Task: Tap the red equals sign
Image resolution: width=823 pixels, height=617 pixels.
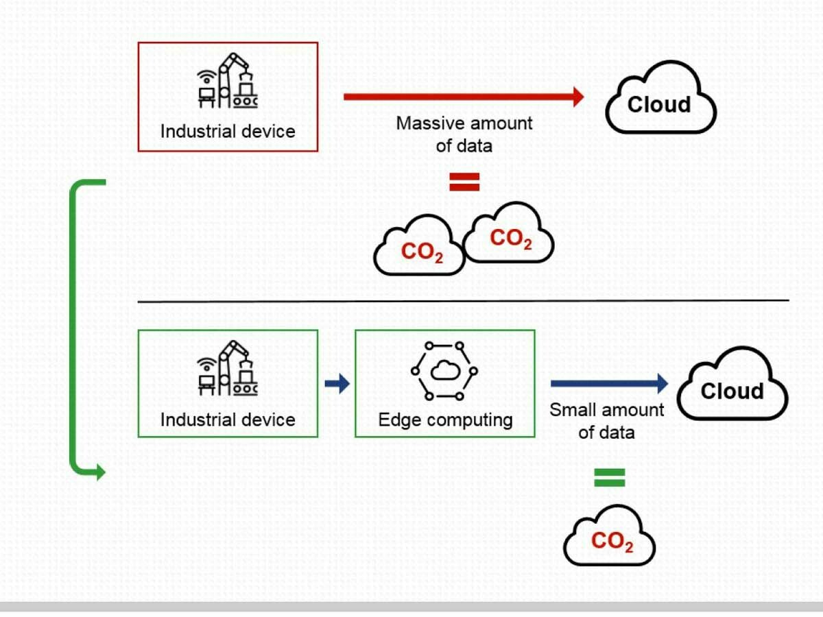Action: tap(464, 182)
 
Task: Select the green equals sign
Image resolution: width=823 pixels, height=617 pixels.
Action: tap(610, 478)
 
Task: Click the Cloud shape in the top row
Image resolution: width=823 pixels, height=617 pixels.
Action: tap(660, 99)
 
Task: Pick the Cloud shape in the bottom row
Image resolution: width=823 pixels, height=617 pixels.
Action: tap(732, 386)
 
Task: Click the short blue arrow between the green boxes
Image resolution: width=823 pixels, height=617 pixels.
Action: tap(337, 384)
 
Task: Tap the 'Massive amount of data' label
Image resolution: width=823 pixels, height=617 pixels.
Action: tap(464, 134)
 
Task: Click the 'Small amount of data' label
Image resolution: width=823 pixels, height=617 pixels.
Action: tap(607, 421)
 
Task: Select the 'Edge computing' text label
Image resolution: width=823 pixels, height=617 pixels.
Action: tap(445, 420)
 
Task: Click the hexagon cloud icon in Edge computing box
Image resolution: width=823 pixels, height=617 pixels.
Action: tap(444, 371)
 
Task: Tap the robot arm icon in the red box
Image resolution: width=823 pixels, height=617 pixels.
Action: tap(228, 81)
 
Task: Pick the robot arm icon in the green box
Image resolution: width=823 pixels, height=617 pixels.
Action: tap(228, 368)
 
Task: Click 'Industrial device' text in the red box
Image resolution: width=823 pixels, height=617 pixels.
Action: tap(228, 131)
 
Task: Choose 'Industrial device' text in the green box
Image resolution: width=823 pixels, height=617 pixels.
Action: tap(228, 420)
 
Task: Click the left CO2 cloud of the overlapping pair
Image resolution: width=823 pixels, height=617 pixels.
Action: tap(420, 248)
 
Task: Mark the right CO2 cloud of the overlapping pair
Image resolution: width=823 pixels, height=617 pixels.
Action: tap(510, 235)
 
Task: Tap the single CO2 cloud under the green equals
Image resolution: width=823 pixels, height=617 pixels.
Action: tap(610, 538)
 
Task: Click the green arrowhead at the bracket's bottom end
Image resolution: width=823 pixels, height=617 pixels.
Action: tap(100, 472)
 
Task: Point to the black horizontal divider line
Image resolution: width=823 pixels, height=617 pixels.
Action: tap(463, 300)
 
